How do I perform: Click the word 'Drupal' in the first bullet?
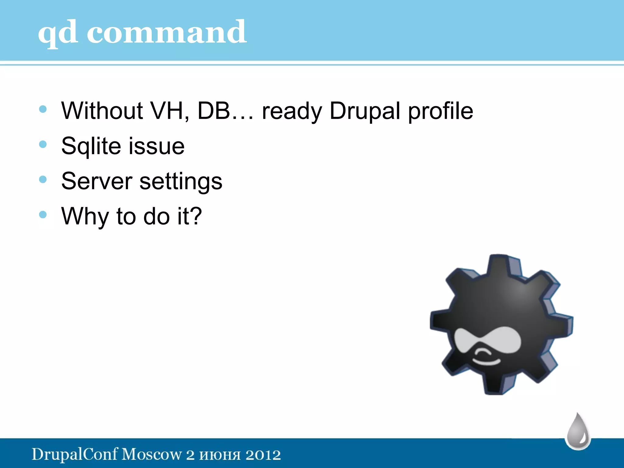[x=364, y=111]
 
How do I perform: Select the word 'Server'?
[x=97, y=181]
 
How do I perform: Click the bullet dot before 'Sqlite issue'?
[x=43, y=144]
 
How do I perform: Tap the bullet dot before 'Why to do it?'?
[x=43, y=214]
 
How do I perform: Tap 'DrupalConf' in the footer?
[x=75, y=455]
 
